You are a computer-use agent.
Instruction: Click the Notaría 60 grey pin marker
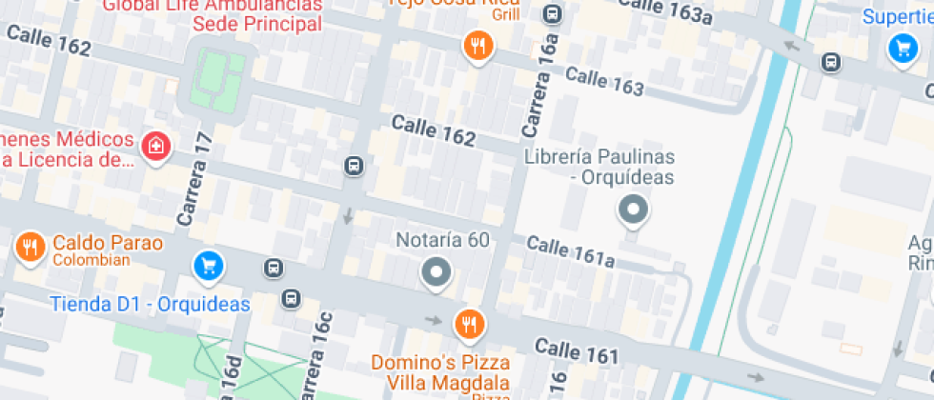click(437, 273)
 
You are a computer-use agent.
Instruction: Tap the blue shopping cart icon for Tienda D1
click(208, 266)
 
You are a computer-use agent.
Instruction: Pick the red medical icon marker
click(154, 147)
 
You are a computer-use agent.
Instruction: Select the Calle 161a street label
click(570, 252)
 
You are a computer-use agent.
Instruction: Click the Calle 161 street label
click(577, 350)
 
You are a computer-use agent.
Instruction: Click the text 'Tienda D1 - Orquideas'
click(150, 305)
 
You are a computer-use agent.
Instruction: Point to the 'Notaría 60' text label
click(442, 240)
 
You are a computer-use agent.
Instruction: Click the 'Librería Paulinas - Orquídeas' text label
click(599, 167)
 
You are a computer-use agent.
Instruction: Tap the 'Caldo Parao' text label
click(108, 243)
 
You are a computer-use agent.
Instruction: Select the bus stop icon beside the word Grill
click(552, 14)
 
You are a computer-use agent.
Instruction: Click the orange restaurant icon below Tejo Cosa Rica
click(477, 45)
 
